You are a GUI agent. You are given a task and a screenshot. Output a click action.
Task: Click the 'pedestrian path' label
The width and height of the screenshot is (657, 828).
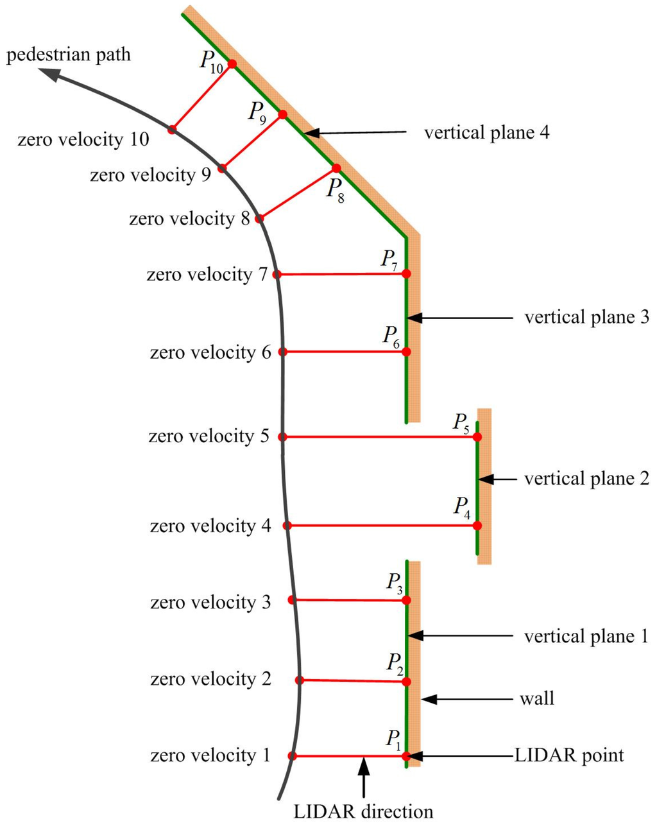(x=69, y=55)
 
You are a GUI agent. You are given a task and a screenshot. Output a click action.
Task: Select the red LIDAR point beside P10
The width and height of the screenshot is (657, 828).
(x=232, y=64)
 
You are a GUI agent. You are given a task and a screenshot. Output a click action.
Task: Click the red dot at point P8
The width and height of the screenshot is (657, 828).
(x=336, y=169)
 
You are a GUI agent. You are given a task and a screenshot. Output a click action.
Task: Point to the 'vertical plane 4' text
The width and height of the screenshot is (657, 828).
(x=486, y=133)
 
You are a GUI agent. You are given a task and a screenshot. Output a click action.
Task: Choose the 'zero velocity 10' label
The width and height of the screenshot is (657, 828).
(x=83, y=139)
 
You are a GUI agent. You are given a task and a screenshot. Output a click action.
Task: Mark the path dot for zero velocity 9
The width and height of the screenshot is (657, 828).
(x=222, y=168)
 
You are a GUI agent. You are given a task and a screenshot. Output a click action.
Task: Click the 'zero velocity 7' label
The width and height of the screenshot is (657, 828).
(x=207, y=275)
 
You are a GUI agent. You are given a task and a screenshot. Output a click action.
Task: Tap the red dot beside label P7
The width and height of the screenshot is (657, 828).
(x=406, y=273)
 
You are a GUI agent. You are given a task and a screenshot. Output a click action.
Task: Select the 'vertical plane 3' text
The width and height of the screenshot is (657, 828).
(x=586, y=317)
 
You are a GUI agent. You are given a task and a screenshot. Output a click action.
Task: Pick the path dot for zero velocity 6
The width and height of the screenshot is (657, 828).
(x=283, y=352)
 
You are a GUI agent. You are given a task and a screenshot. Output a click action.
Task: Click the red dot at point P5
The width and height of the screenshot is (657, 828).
(x=477, y=436)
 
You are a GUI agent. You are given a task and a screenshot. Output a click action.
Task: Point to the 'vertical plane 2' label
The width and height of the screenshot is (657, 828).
(x=586, y=479)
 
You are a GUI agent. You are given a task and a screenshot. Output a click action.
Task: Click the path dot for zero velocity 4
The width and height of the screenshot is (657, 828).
(x=287, y=526)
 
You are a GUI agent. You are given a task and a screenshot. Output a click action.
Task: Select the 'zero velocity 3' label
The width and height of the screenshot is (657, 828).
(x=210, y=602)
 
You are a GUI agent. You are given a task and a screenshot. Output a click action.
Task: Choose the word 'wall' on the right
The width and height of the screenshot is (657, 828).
(x=536, y=698)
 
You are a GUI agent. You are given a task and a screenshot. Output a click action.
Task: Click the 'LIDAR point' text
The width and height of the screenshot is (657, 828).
(x=569, y=755)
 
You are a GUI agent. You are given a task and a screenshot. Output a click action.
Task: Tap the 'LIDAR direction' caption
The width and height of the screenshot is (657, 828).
(x=363, y=811)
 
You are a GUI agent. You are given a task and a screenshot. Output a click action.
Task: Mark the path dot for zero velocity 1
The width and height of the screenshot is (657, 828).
(x=293, y=756)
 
